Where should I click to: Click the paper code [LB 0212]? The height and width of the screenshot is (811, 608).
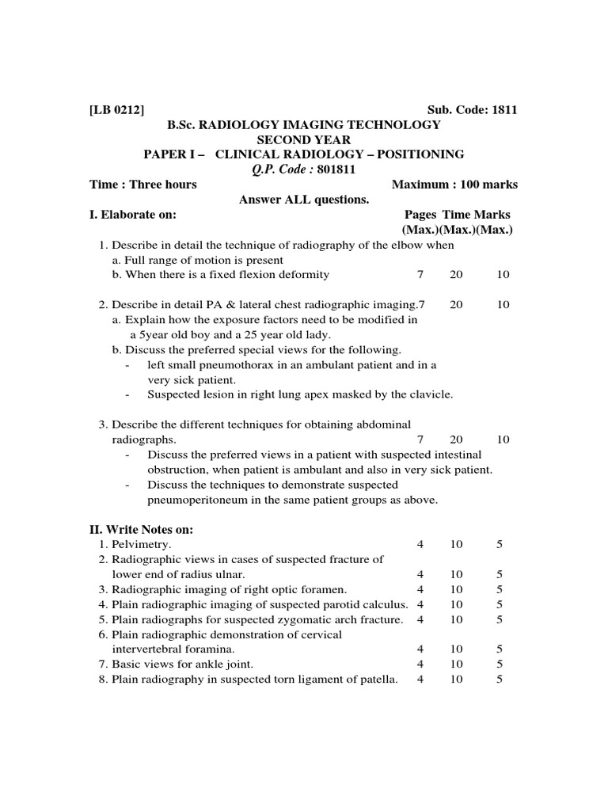(x=117, y=110)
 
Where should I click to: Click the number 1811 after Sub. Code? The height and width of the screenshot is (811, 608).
(x=504, y=110)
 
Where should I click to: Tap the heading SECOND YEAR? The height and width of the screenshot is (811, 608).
(x=304, y=139)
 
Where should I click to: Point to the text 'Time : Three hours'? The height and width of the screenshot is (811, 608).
(x=143, y=185)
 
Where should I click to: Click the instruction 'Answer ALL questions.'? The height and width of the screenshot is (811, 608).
(x=304, y=200)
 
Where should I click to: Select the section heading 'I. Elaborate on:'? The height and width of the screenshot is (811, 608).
(x=133, y=215)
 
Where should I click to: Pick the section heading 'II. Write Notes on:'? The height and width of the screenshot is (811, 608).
(x=141, y=530)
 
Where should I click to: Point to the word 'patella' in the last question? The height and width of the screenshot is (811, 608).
(x=377, y=680)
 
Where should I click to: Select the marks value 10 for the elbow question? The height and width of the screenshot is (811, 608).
(x=503, y=275)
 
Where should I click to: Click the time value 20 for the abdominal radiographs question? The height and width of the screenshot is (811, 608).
(x=457, y=440)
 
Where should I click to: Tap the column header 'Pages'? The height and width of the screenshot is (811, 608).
(x=420, y=215)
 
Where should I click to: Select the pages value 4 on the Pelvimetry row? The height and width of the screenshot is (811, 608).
(x=420, y=545)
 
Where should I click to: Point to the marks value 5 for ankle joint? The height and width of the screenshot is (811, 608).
(x=500, y=664)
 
